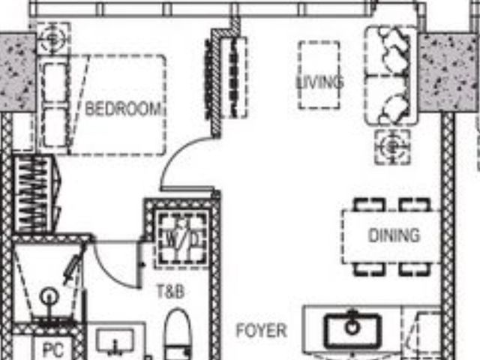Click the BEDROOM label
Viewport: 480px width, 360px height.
[x=123, y=109]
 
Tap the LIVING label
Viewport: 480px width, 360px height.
[x=320, y=82]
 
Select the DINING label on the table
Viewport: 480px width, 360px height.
[x=394, y=235]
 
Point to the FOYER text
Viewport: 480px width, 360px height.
[x=262, y=331]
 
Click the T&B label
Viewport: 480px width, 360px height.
[x=171, y=292]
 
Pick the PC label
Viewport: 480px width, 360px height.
[x=53, y=349]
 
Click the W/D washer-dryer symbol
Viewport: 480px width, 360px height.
[x=182, y=237]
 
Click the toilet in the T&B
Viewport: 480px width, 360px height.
[x=178, y=334]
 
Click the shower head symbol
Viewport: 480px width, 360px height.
[x=49, y=295]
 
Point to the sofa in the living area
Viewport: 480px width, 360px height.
[x=391, y=75]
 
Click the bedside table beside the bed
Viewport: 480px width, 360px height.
[x=53, y=39]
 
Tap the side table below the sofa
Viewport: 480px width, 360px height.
[x=392, y=147]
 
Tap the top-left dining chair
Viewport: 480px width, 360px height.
[x=369, y=204]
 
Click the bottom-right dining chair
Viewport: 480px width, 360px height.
[x=415, y=269]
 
